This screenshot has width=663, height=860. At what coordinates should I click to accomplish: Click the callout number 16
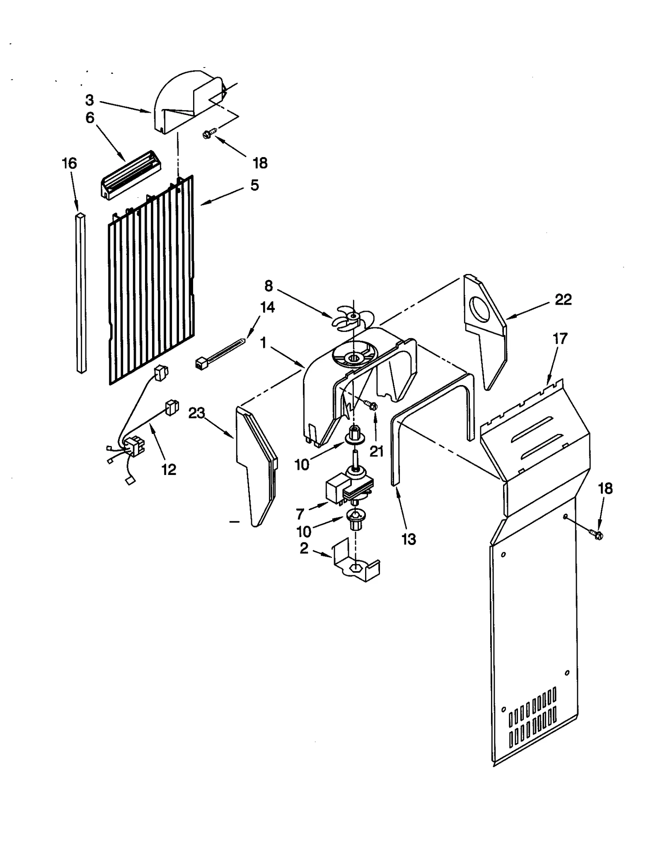[69, 163]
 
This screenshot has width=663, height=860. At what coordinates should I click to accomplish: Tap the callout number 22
[563, 299]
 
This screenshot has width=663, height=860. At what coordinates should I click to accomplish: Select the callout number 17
[560, 339]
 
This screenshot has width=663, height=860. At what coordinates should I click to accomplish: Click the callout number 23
[197, 413]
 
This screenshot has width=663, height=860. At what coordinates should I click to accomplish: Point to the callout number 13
[409, 539]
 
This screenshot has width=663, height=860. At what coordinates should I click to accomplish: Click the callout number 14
[267, 307]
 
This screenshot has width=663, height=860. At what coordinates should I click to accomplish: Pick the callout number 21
[376, 451]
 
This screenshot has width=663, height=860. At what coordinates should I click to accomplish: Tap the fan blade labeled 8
[351, 319]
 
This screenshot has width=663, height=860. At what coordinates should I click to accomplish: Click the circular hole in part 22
[480, 310]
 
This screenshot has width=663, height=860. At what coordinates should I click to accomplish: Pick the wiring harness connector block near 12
[135, 448]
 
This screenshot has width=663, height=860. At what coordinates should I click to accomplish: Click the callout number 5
[254, 185]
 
